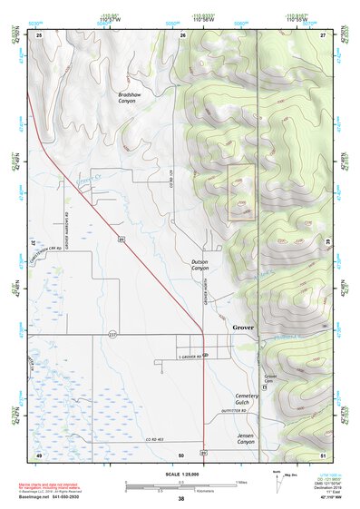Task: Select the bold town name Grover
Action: point(244,327)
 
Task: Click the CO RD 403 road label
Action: point(161,439)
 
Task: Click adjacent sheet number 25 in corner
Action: point(39,34)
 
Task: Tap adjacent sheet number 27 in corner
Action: point(322,34)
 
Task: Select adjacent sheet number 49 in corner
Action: point(39,453)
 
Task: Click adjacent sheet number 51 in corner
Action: point(322,453)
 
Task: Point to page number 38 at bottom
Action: point(180,498)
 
